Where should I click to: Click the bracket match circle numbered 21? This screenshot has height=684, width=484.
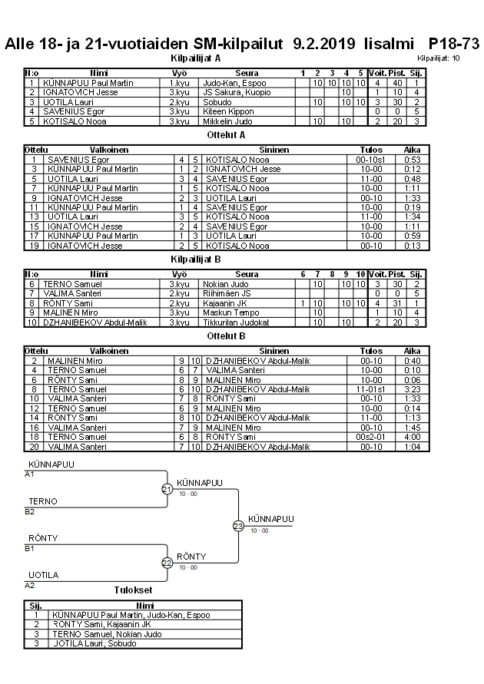point(167,489)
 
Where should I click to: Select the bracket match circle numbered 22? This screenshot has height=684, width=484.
point(167,563)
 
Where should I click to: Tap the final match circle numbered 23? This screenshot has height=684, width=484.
point(238,526)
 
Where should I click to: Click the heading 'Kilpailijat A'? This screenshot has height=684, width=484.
point(196,58)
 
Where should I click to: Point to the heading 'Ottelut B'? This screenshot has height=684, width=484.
point(227,335)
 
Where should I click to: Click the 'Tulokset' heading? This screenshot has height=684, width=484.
point(133,590)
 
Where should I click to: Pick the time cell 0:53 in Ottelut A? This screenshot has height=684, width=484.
point(413,160)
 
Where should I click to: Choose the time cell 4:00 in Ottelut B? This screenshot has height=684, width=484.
point(413,437)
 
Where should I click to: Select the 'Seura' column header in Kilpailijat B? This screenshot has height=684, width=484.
point(247,274)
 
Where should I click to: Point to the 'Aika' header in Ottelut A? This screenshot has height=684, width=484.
point(413,150)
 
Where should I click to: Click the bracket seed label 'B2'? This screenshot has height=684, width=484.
point(30,511)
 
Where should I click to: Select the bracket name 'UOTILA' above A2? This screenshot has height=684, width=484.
point(43,575)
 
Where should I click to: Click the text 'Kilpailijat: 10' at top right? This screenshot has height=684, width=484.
point(439,58)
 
